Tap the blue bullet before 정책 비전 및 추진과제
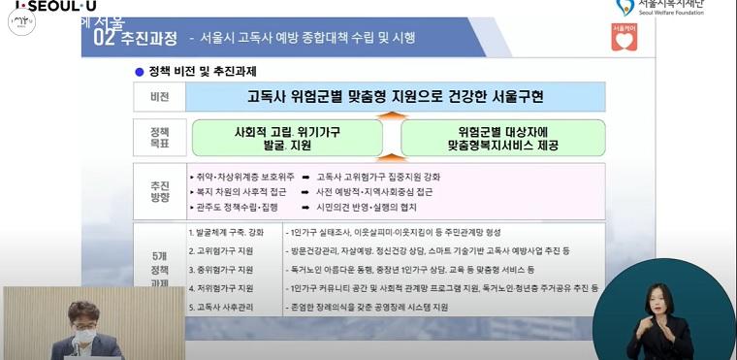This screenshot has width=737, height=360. click(x=140, y=72)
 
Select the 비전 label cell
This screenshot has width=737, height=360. click(x=159, y=98)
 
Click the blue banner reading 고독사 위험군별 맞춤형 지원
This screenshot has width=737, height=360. click(x=395, y=97)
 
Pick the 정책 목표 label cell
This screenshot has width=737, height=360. click(x=159, y=137)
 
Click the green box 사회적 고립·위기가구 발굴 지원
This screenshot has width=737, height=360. click(x=287, y=138)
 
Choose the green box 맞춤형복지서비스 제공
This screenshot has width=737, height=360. click(x=502, y=138)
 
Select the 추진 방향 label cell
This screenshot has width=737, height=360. click(x=159, y=191)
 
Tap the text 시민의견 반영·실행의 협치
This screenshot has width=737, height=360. click(x=365, y=208)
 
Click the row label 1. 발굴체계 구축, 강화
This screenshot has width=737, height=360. click(x=225, y=233)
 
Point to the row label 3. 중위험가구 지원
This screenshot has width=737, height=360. click(x=220, y=270)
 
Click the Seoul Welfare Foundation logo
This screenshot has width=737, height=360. click(x=659, y=8)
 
